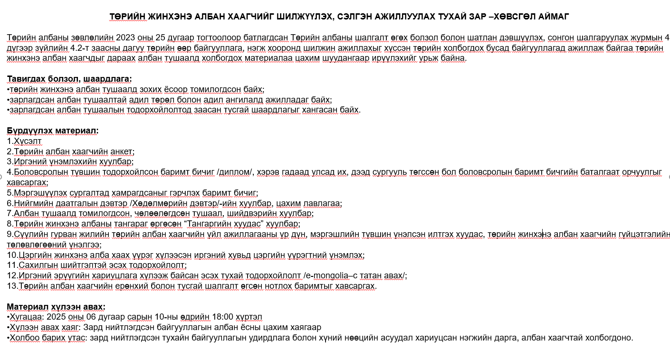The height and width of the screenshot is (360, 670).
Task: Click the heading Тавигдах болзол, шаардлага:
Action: pos(69,78)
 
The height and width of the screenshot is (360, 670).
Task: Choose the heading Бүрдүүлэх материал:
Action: pos(53,131)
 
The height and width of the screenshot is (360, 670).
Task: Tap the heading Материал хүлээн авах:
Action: pos(56,306)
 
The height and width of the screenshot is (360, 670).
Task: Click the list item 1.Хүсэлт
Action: pos(24,141)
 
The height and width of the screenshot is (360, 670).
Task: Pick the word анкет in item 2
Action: pos(121,152)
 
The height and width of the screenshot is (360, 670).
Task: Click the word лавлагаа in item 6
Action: pos(323,203)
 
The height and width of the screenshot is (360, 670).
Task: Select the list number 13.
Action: pos(11,286)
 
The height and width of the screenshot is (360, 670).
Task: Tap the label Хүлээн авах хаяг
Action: pos(40,327)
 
